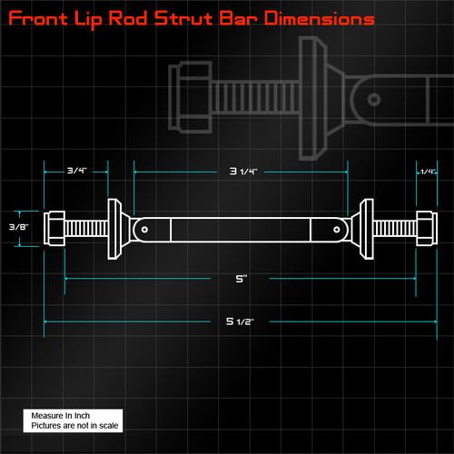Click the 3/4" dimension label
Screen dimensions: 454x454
[x=76, y=171]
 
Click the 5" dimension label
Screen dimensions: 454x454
[x=241, y=281]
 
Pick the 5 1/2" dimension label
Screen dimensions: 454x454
[x=241, y=320]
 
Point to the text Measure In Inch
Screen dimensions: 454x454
[x=56, y=415]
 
